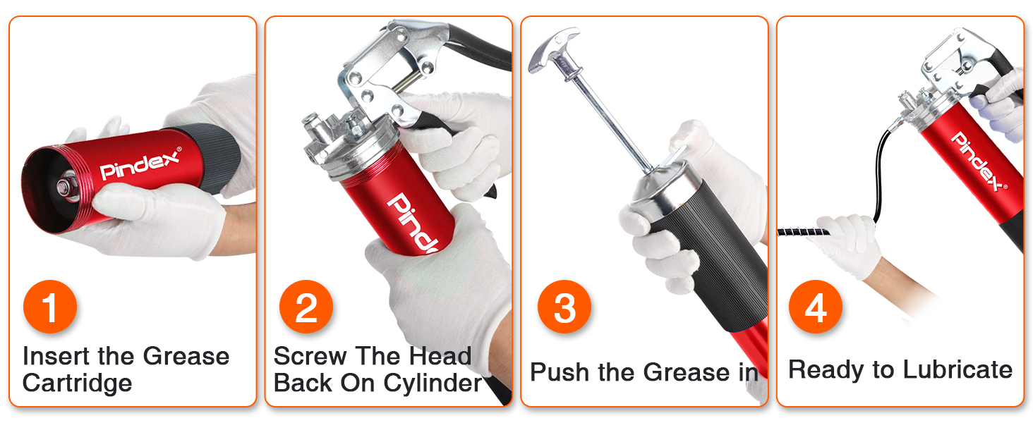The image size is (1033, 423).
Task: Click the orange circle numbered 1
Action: coord(50,308)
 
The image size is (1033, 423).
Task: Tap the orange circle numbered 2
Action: coord(306,308)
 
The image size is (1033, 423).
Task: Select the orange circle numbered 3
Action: coord(564,308)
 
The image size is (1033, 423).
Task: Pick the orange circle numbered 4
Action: coord(816,308)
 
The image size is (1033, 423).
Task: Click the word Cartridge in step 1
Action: coord(77,383)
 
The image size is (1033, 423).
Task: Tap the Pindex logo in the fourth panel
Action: coord(978,161)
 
